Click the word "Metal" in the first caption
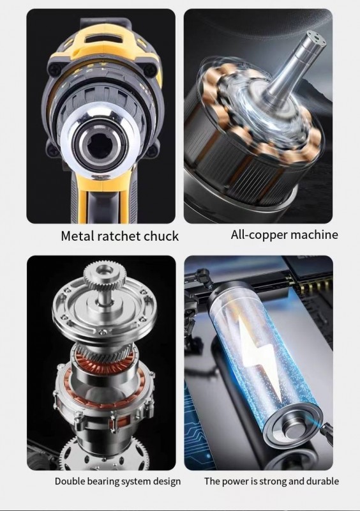point(78,236)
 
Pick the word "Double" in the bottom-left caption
point(67,481)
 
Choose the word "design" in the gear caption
point(166,482)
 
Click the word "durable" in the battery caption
point(324,481)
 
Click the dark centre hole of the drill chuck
point(97,142)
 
